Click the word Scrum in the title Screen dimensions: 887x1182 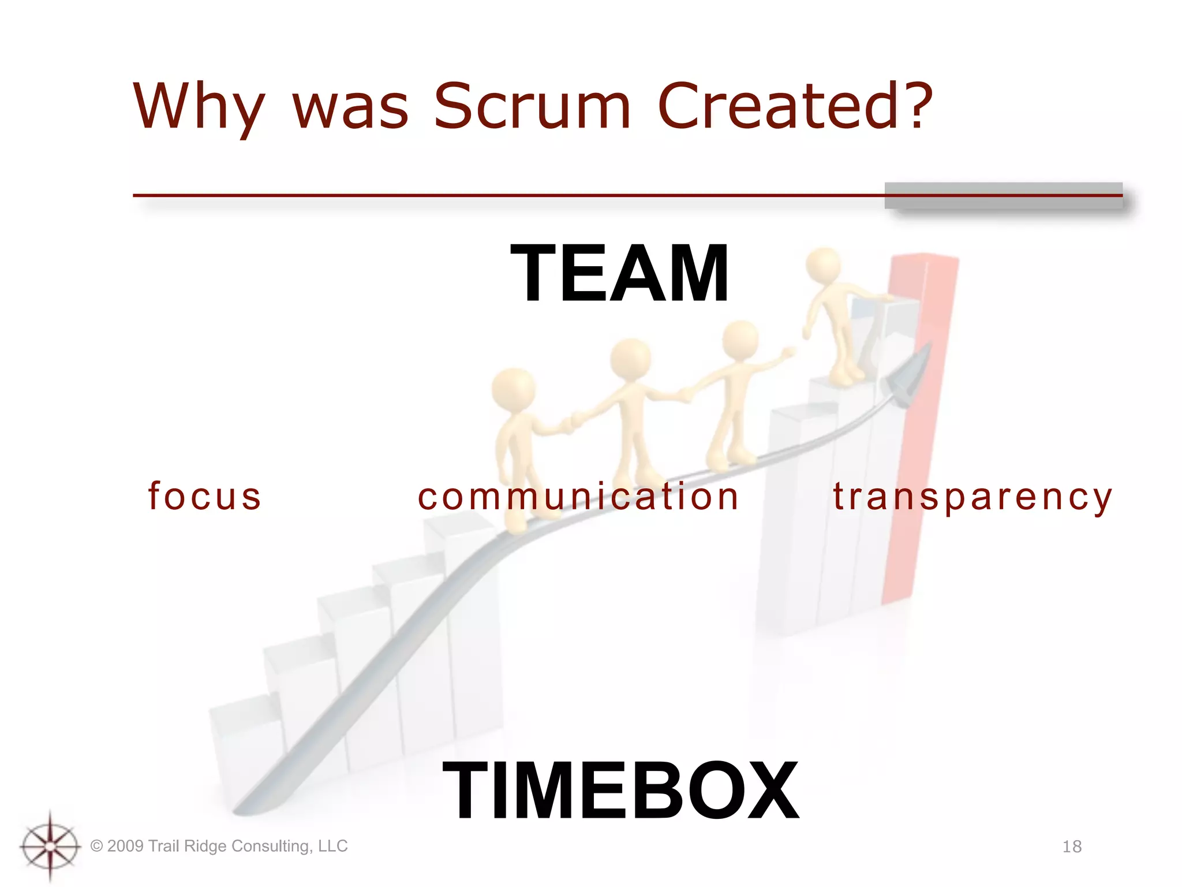pos(532,106)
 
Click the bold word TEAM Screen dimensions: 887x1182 pos(620,273)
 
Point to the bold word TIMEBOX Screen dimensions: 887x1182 pos(620,790)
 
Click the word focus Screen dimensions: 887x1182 pos(205,496)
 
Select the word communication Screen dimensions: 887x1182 pos(578,496)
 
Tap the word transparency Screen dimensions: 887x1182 pos(972,497)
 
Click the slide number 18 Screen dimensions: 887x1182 pos(1072,847)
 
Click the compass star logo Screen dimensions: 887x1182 pos(50,847)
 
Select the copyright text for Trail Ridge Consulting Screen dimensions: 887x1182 pos(219,846)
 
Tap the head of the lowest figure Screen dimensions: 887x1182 pos(513,389)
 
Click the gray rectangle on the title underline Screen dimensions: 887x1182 pos(1003,195)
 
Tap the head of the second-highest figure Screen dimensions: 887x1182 pos(740,340)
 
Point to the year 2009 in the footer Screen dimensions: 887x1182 pos(125,846)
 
